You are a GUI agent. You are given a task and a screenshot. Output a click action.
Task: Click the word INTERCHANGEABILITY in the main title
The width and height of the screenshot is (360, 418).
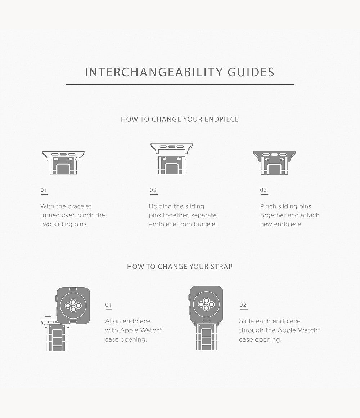click(154, 72)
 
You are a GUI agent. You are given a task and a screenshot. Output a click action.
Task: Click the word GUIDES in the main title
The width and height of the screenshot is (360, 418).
click(251, 72)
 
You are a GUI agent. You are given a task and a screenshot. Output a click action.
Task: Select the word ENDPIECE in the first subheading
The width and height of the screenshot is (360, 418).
click(221, 119)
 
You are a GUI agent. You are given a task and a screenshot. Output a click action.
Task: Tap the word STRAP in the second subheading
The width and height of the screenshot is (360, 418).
click(221, 267)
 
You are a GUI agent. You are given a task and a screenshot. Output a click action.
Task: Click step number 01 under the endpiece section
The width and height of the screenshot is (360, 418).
click(44, 190)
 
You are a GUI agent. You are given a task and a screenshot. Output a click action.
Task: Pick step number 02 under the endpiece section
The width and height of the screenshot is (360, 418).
click(153, 190)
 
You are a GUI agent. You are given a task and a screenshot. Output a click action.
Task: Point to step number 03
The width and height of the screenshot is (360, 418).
click(264, 190)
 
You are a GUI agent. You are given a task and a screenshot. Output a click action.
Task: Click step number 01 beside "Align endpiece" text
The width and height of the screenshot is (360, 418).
click(109, 305)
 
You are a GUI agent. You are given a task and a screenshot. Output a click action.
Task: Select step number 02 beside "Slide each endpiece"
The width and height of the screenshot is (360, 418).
click(243, 305)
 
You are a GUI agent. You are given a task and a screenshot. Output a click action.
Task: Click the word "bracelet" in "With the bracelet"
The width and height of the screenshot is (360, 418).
click(79, 206)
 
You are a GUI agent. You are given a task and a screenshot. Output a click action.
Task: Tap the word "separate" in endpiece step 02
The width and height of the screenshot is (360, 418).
click(204, 215)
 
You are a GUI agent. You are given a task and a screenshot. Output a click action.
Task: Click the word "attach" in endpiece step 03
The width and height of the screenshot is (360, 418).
click(310, 215)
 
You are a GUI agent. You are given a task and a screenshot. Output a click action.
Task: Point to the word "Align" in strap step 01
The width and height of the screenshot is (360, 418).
click(113, 321)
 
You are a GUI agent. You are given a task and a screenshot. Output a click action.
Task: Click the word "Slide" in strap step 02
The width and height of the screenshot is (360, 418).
click(246, 321)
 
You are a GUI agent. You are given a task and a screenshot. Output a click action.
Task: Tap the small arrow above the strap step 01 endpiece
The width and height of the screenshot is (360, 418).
click(49, 317)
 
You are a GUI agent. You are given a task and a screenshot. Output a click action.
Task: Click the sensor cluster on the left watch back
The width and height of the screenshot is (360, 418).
click(73, 305)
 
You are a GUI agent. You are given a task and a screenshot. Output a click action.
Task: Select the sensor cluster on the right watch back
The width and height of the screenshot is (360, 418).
click(206, 304)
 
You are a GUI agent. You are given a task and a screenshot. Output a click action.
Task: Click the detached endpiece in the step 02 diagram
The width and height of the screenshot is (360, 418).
click(172, 148)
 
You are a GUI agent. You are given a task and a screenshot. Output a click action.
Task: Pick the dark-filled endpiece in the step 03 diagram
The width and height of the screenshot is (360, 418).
click(274, 156)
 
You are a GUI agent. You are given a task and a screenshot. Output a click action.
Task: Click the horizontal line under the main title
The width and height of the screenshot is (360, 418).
click(180, 85)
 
